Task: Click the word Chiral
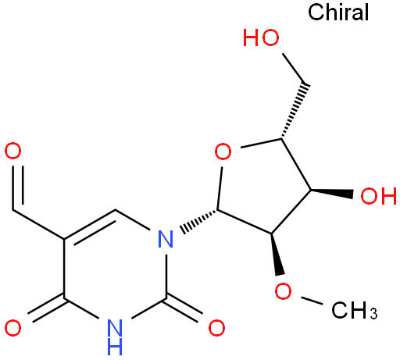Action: (338, 12)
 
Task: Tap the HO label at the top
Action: (261, 37)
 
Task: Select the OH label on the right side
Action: (378, 196)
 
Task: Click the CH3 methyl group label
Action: (354, 310)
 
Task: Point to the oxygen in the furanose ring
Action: (223, 151)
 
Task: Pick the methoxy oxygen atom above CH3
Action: (283, 290)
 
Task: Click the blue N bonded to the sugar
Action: (166, 239)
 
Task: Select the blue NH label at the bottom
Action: (115, 337)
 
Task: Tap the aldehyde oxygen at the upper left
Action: (12, 151)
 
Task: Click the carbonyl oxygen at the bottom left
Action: (12, 328)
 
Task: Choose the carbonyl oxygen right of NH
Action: (216, 328)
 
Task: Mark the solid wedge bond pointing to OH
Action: (332, 192)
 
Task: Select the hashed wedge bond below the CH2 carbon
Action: (295, 111)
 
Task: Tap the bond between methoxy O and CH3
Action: (312, 300)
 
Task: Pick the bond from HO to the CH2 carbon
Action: (295, 69)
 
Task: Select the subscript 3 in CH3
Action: (373, 313)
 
